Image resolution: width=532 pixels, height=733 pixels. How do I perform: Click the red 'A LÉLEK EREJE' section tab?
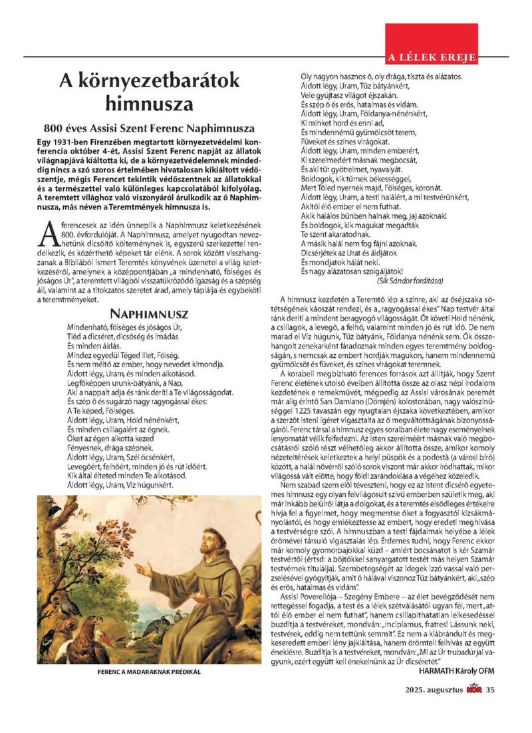432,57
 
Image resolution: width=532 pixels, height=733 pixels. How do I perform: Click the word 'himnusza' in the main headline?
150,104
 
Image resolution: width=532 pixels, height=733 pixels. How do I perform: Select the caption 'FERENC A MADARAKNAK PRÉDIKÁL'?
149,672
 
